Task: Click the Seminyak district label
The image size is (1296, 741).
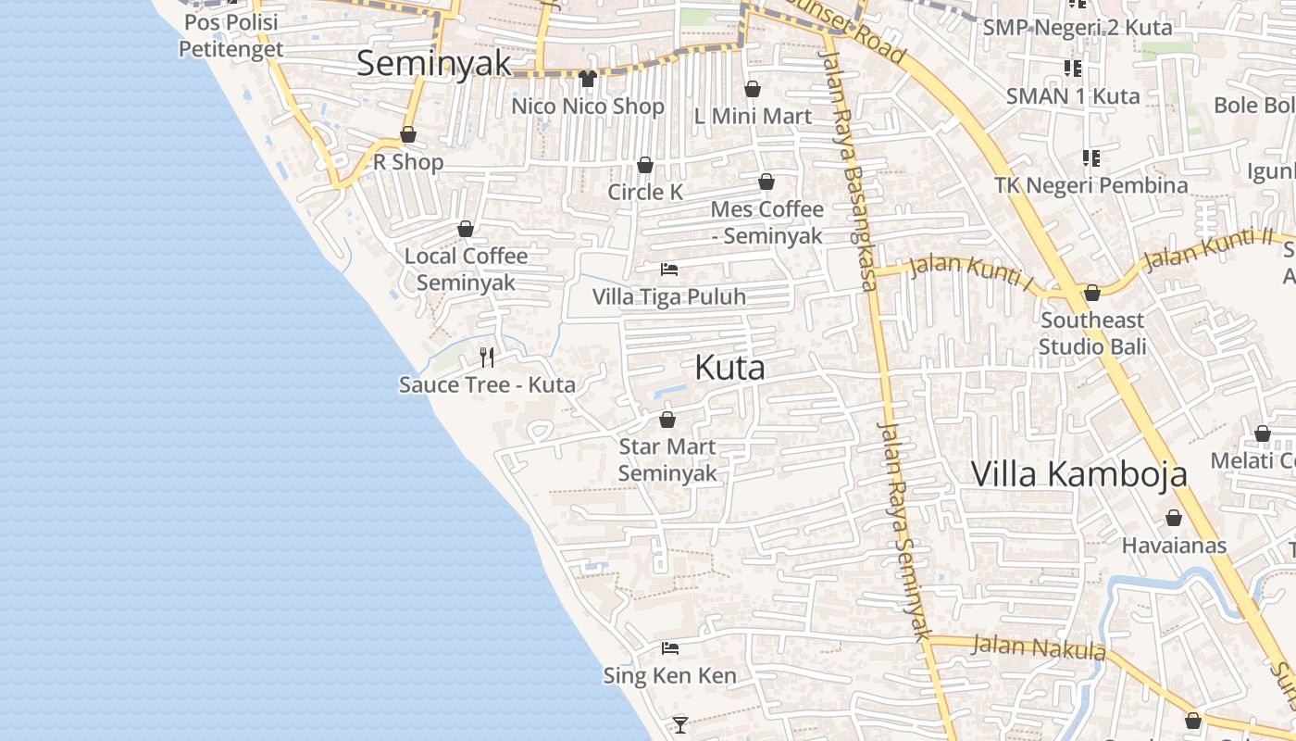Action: click(433, 63)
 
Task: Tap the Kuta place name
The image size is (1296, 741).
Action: click(729, 368)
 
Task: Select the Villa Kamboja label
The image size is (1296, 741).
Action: click(1078, 473)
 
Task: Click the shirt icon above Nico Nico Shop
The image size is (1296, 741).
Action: click(587, 79)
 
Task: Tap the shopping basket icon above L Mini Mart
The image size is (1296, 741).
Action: click(753, 89)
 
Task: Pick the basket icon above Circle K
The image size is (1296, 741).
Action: click(645, 165)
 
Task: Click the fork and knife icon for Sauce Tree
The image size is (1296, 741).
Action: click(487, 357)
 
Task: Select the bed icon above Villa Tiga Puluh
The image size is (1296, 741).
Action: click(669, 270)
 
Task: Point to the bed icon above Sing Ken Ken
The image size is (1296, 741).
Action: click(670, 648)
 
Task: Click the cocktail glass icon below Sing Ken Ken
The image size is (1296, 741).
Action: click(680, 724)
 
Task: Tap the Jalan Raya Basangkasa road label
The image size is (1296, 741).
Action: click(847, 171)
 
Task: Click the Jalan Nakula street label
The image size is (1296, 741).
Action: click(1040, 647)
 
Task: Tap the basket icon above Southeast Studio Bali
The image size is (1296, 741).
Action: click(1092, 293)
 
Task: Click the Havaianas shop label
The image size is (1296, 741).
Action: click(1174, 545)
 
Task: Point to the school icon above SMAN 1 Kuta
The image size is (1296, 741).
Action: click(1073, 68)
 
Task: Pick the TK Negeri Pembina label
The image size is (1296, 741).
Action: click(1091, 185)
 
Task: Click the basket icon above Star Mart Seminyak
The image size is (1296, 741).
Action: click(667, 420)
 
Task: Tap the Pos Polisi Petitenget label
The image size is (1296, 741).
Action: click(231, 35)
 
